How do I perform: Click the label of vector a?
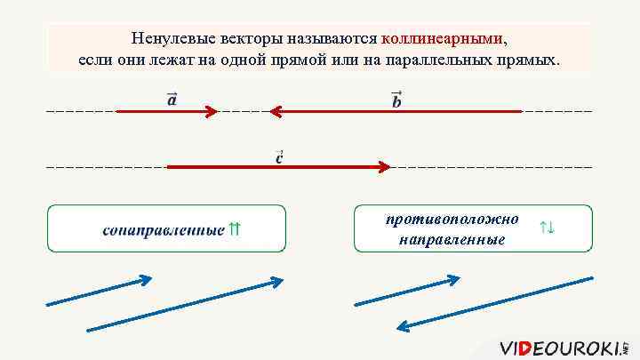[x=172, y=99]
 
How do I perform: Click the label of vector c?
[x=279, y=157]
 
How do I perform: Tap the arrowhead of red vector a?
[x=212, y=112]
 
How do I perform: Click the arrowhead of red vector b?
[x=276, y=112]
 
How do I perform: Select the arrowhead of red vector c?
[x=385, y=166]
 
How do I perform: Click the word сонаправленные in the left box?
[x=163, y=231]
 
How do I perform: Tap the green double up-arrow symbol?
[x=235, y=229]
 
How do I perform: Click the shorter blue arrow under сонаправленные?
[x=100, y=292]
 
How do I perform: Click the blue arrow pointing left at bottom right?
[x=495, y=303]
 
